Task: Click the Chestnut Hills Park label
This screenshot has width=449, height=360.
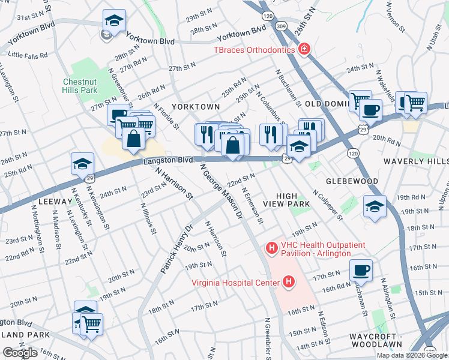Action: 80,86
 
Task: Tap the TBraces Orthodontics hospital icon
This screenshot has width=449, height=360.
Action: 304,49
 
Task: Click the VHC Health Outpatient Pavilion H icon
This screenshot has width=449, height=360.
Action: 272,247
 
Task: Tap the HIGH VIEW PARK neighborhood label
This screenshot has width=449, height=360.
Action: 293,200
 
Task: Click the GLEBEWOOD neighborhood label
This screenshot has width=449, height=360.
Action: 352,181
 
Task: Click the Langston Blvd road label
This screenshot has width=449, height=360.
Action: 169,160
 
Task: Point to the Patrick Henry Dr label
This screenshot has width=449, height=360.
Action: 175,250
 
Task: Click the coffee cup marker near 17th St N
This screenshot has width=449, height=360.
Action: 360,270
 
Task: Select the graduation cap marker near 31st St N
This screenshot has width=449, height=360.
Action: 114,20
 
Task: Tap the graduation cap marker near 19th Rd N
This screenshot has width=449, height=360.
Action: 375,206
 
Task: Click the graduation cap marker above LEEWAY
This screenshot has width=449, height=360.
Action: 83,163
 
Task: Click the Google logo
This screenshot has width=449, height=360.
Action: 20,353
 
